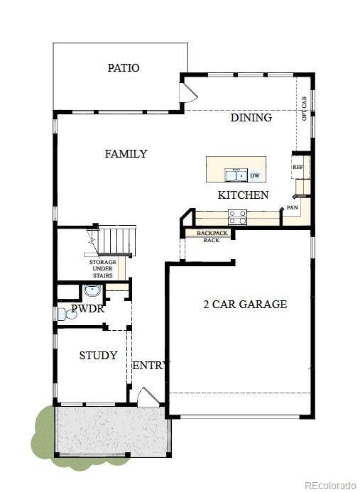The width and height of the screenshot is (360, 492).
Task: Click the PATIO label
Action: (124, 68)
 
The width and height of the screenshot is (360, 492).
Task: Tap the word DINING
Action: (251, 118)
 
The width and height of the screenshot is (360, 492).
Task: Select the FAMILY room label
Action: (126, 153)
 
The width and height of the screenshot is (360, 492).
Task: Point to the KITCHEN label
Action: (243, 195)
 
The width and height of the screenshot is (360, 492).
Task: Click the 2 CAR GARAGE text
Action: (245, 304)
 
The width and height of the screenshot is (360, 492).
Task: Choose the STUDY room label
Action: (98, 356)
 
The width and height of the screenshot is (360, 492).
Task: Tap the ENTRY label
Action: (151, 366)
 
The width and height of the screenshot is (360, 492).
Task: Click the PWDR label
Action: (88, 310)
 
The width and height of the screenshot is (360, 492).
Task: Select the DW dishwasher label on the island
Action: (253, 175)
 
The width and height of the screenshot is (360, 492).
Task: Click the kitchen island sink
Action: (235, 175)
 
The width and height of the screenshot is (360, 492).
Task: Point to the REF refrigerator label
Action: (298, 167)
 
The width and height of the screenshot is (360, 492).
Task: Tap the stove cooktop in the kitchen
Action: (238, 217)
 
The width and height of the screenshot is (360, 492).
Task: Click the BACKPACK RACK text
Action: (212, 236)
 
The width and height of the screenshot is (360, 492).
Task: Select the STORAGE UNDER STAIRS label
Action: (102, 268)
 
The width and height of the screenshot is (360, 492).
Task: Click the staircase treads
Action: (116, 240)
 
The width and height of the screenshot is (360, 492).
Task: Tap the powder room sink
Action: (92, 291)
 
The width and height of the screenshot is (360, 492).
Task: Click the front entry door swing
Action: (148, 397)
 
